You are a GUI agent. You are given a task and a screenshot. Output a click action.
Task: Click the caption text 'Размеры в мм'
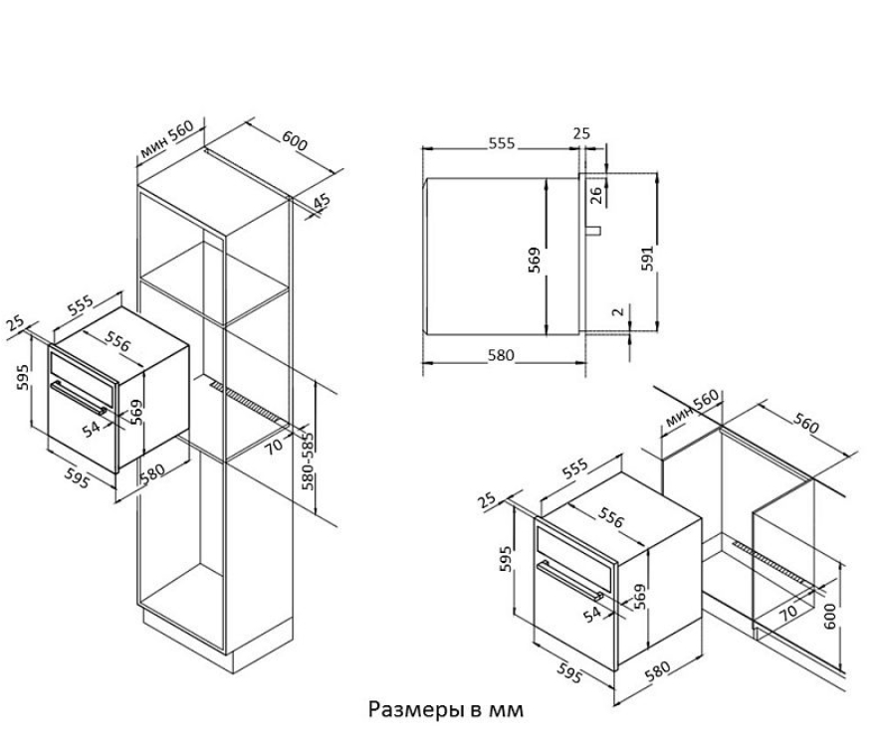446,709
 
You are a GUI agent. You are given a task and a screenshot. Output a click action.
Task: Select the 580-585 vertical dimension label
308,461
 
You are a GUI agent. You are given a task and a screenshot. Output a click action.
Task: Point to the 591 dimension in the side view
648,258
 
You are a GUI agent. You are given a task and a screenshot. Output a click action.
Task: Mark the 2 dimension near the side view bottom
617,310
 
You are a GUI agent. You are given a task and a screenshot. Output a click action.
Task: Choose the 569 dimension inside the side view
534,261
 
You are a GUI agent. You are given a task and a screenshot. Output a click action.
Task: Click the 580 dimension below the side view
501,355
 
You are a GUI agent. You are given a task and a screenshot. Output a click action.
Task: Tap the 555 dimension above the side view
501,143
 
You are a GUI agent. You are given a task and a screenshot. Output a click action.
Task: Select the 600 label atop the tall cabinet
295,140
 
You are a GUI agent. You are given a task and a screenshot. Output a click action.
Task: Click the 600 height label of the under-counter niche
829,616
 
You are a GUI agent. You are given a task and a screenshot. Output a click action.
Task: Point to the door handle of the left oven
79,399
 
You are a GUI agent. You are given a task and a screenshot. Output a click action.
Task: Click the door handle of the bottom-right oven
569,581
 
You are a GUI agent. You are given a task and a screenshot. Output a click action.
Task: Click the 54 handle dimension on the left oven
91,430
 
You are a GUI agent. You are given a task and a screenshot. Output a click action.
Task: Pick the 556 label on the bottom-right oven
611,517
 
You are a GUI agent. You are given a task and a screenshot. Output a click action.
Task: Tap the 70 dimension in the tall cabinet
274,447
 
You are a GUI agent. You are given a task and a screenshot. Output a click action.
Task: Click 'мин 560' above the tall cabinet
166,138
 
